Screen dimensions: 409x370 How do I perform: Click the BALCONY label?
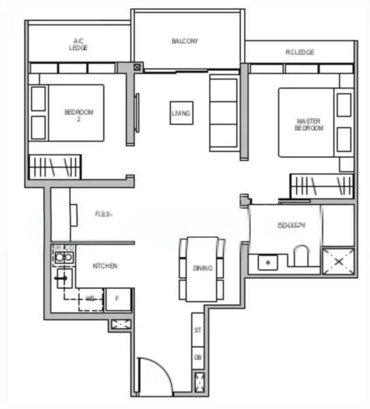point(185,41)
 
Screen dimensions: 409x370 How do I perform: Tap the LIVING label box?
point(181,112)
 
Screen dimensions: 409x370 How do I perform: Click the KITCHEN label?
point(106,266)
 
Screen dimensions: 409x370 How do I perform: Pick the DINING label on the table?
point(202,269)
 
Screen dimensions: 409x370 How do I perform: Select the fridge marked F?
point(117,298)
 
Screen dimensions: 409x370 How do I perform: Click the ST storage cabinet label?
point(198,331)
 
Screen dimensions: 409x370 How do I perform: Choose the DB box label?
point(198,357)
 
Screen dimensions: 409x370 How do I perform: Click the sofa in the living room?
point(223,113)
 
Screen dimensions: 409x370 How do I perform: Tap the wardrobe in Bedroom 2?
point(55,167)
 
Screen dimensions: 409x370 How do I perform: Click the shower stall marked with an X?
point(338,261)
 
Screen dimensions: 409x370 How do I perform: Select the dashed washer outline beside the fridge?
point(90,299)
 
